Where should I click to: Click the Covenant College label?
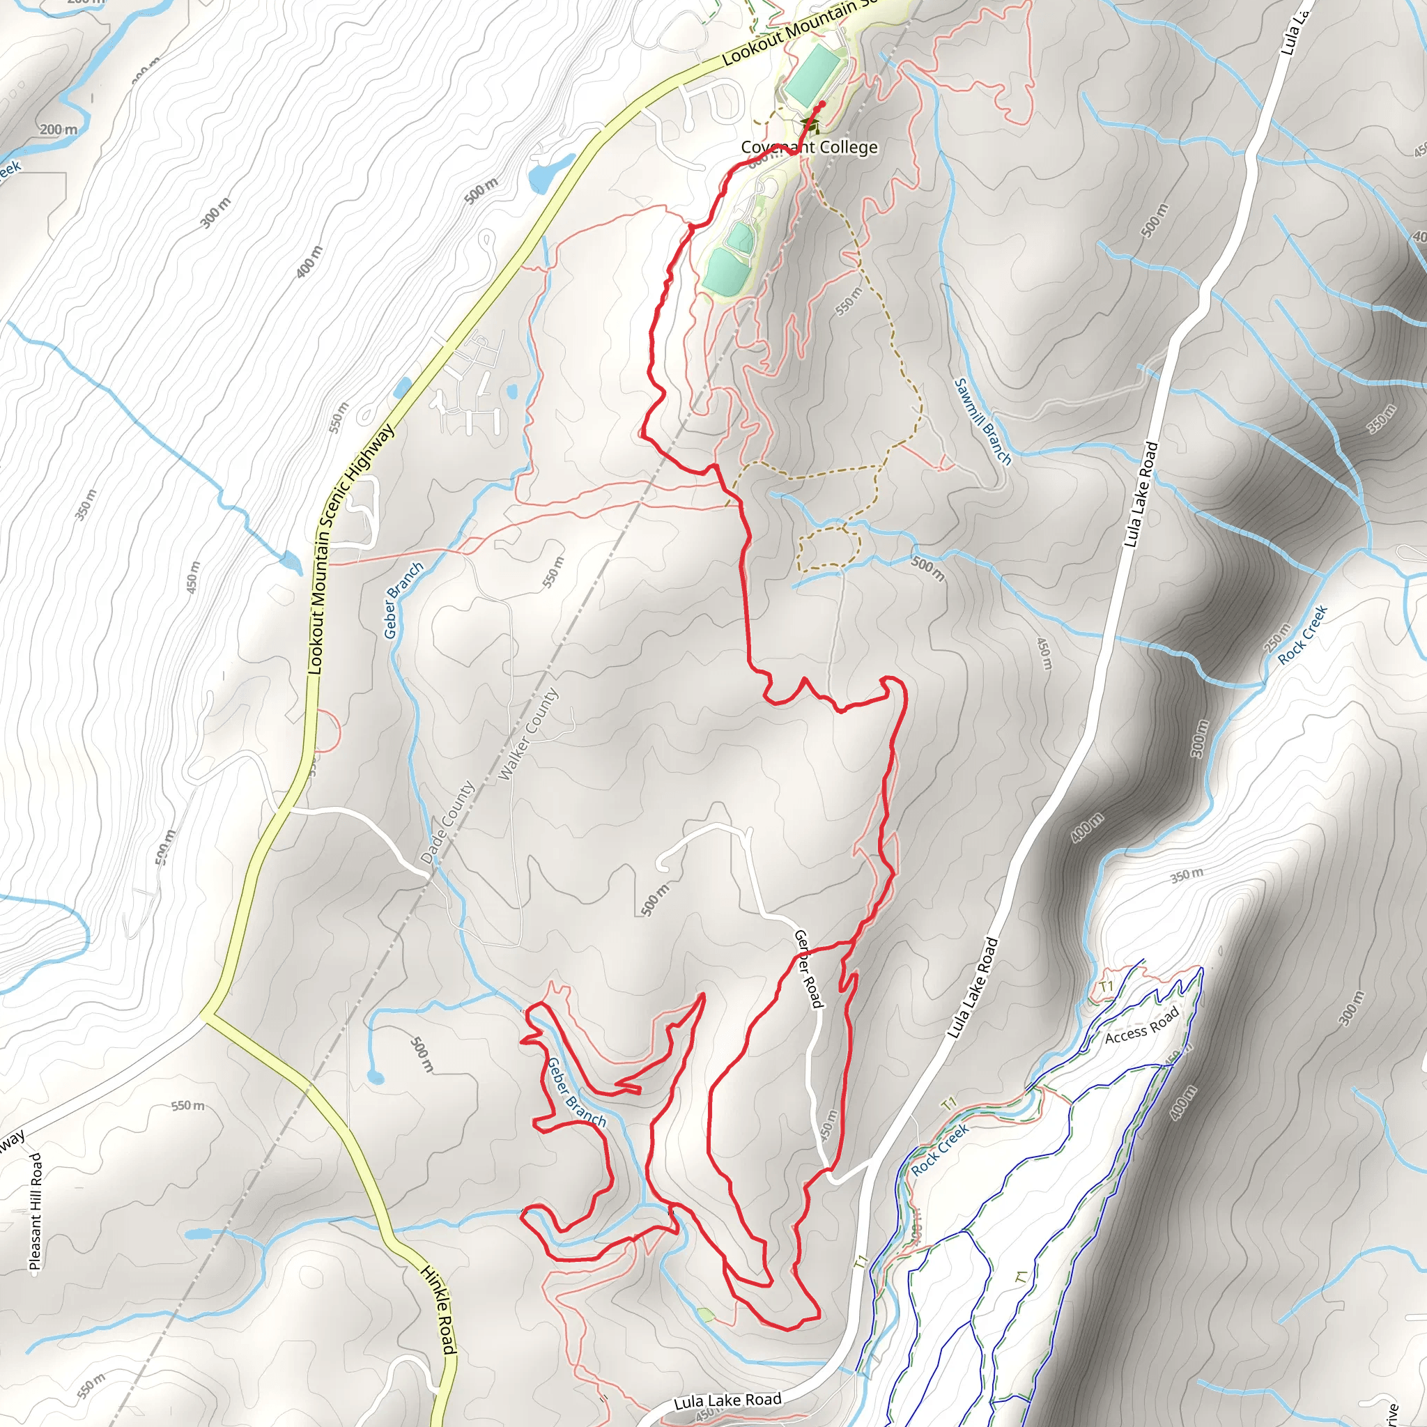coord(810,148)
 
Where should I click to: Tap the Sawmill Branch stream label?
coord(982,422)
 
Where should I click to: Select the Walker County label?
coord(529,734)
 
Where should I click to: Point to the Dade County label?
coord(447,823)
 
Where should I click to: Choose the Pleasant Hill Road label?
coord(36,1211)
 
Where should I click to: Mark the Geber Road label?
coord(808,968)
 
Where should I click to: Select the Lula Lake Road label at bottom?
coord(727,1401)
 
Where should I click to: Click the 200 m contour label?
coord(58,130)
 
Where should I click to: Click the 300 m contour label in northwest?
coord(216,212)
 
